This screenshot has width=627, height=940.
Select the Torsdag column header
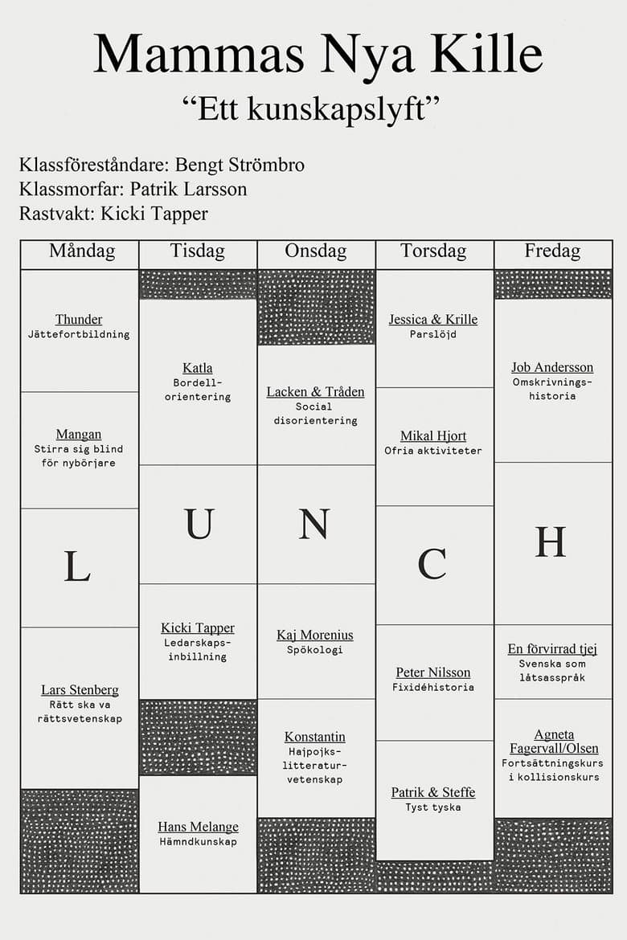coord(433,251)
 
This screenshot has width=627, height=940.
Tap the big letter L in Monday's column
coord(77,566)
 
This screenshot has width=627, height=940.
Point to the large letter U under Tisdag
coord(199,525)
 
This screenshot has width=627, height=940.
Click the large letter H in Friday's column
coord(551,543)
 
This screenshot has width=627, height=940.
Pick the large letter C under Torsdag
coord(432,564)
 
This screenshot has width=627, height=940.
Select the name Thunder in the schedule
coord(79,320)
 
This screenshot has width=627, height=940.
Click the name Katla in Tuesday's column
coord(198,368)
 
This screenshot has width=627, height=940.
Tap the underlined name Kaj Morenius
coord(315,636)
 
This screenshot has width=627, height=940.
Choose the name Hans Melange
coord(198,827)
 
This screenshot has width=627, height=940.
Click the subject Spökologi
coord(315,650)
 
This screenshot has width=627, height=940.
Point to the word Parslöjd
coord(433,334)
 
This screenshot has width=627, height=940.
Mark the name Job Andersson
coord(552,368)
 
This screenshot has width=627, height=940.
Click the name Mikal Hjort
coord(433,436)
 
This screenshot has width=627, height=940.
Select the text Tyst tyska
coord(433,807)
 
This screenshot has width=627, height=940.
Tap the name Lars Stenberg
coord(80,690)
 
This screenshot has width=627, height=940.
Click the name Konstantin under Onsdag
coord(315,738)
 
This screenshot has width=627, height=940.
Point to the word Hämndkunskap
coord(198,842)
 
